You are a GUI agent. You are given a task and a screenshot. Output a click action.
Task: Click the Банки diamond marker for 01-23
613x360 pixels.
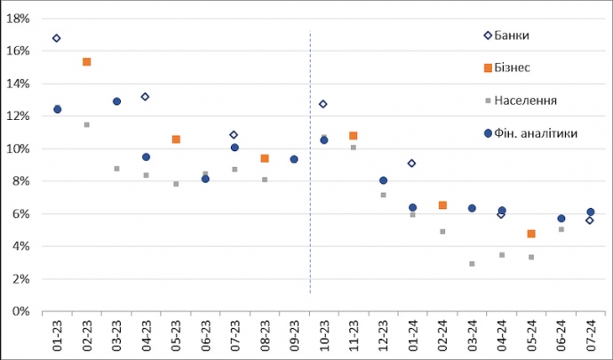57,38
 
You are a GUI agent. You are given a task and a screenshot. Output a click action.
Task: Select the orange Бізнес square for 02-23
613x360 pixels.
86,62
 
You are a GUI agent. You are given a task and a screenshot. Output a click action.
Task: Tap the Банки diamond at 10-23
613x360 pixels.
323,104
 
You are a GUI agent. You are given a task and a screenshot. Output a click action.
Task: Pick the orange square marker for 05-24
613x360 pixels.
531,234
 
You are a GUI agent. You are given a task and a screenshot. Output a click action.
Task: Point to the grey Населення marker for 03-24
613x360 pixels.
472,264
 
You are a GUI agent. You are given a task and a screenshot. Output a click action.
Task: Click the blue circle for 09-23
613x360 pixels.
294,160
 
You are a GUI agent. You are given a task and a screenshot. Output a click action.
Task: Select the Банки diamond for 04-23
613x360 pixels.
146,97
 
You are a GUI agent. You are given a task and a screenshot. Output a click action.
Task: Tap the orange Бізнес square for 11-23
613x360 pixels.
354,136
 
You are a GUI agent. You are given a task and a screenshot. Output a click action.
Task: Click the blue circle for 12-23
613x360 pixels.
383,180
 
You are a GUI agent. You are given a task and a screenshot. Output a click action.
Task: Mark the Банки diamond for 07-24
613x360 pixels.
590,220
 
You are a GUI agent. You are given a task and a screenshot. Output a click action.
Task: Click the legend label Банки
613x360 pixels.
521,36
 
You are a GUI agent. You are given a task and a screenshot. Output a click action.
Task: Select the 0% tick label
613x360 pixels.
23,312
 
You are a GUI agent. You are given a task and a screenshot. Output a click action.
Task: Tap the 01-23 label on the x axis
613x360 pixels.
57,338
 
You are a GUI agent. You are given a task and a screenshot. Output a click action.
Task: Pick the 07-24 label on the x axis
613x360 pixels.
590,338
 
